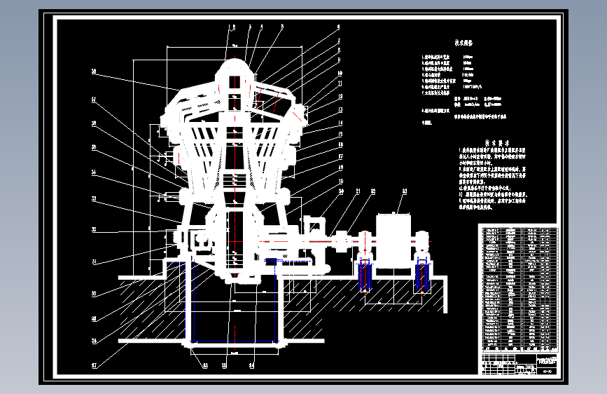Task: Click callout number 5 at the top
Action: click(x=282, y=27)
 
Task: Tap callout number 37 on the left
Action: click(x=92, y=100)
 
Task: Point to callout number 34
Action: click(x=92, y=172)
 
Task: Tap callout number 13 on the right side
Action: click(x=339, y=110)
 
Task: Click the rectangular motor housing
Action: click(x=396, y=239)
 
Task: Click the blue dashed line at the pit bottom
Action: click(x=235, y=342)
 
